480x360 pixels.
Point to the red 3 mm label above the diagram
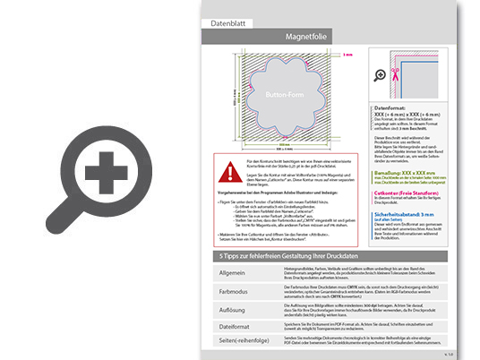coord(348,54)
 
